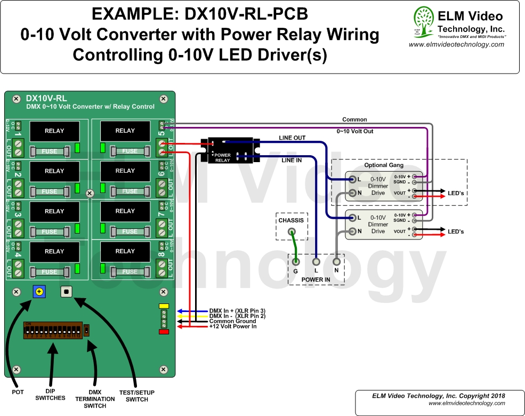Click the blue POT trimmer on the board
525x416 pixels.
point(39,292)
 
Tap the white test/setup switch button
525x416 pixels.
point(66,292)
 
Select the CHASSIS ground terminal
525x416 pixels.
point(292,231)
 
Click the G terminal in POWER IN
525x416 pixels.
point(295,262)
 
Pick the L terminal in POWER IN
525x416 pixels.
point(316,262)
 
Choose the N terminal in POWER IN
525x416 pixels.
point(336,262)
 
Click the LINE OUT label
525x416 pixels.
point(292,138)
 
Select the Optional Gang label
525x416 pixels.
point(384,165)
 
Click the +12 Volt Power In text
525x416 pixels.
point(233,326)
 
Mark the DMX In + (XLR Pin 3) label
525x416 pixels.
point(237,310)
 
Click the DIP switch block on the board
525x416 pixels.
point(52,331)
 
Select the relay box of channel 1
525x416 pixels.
point(54,131)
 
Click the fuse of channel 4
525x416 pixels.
point(50,271)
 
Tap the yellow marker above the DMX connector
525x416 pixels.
point(164,306)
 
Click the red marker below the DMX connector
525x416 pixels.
point(164,332)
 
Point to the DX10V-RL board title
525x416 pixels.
point(46,98)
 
